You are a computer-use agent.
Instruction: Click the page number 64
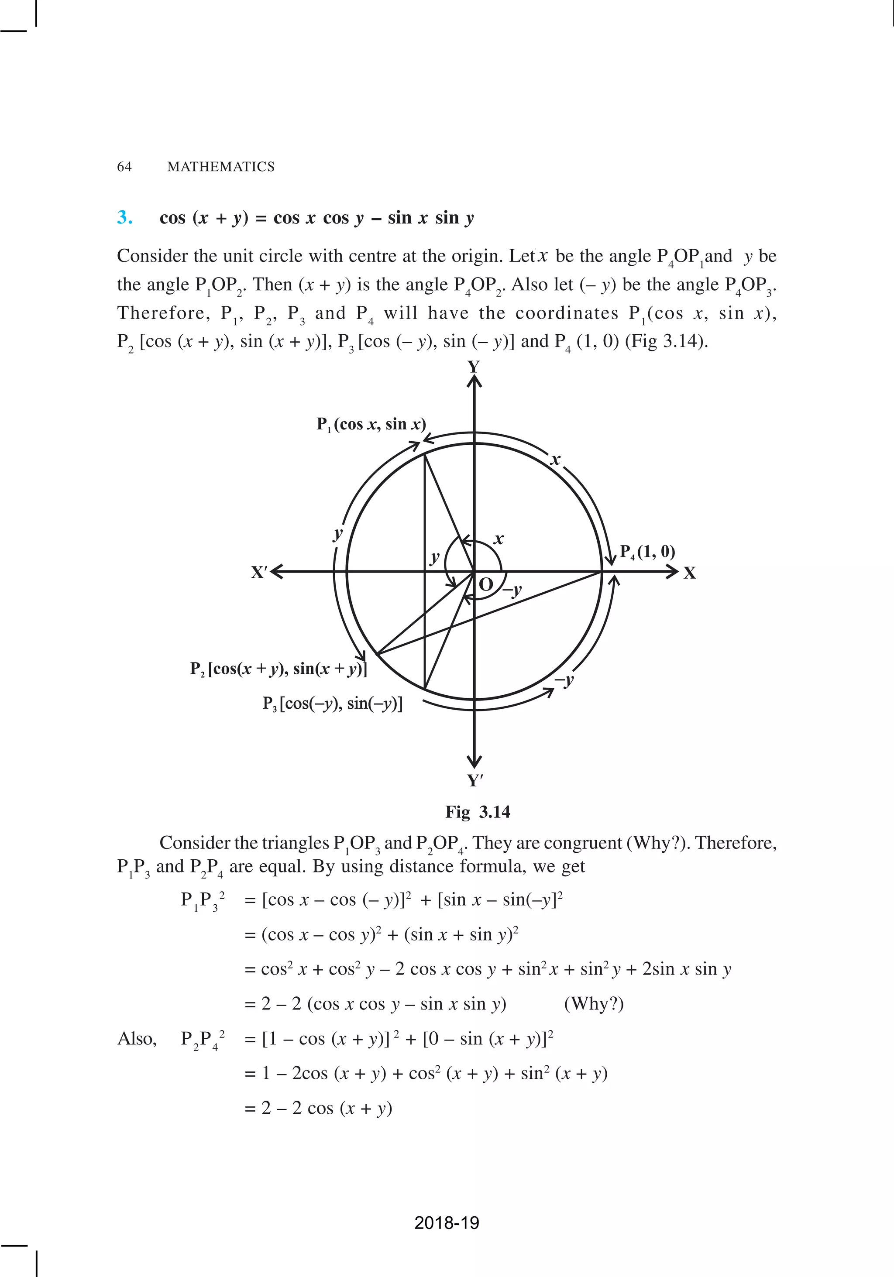click(x=124, y=167)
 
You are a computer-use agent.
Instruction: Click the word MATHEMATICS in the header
click(x=221, y=167)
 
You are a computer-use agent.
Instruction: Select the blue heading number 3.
click(x=124, y=217)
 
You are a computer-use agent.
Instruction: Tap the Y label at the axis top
click(x=474, y=367)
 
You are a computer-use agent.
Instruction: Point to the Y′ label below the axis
click(x=475, y=780)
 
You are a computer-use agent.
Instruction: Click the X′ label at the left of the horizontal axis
click(x=259, y=572)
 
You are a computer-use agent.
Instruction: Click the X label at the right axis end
click(x=690, y=573)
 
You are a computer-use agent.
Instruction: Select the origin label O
click(x=486, y=584)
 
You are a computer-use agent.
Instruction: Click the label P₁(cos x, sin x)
click(x=371, y=424)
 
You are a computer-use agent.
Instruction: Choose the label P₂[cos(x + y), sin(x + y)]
click(x=278, y=669)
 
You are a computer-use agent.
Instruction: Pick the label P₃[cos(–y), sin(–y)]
click(x=332, y=704)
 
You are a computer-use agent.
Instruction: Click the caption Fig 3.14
click(x=477, y=812)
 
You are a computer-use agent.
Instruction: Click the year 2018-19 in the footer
click(x=447, y=1222)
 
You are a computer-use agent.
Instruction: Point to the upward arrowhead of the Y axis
click(x=474, y=381)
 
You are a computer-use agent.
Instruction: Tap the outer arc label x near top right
click(x=555, y=460)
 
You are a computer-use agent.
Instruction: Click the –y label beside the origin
click(x=513, y=590)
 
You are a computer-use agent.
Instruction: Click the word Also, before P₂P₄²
click(x=137, y=1039)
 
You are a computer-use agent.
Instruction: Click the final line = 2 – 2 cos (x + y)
click(x=318, y=1109)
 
